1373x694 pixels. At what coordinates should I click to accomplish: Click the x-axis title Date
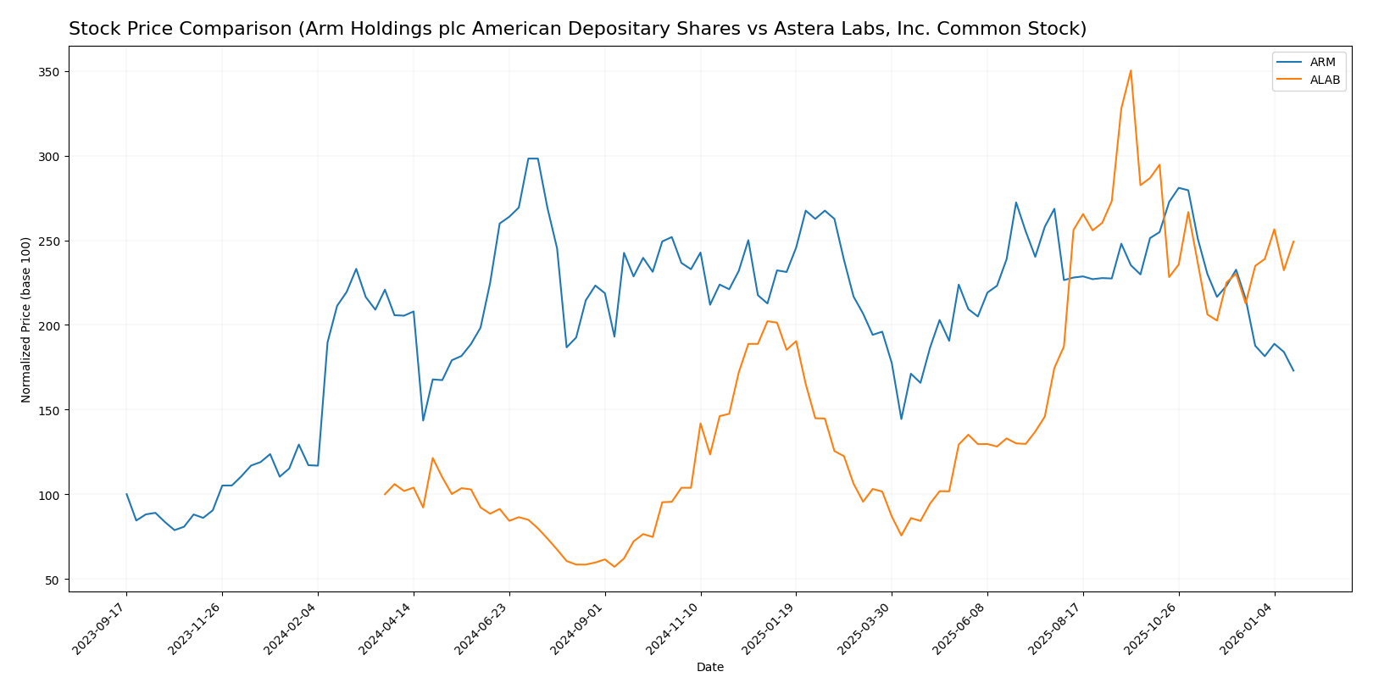pyautogui.click(x=709, y=668)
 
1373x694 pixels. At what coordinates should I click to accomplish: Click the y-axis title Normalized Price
pyautogui.click(x=26, y=319)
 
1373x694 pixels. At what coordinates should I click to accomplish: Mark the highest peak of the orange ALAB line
pyautogui.click(x=1131, y=70)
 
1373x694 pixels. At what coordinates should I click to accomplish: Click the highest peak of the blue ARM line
pyautogui.click(x=532, y=158)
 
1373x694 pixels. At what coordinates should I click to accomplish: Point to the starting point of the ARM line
pyautogui.click(x=126, y=494)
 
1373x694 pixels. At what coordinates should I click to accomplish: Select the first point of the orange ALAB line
pyautogui.click(x=385, y=494)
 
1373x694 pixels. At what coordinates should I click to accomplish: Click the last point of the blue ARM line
pyautogui.click(x=1293, y=370)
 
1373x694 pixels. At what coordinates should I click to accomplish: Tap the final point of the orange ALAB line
pyautogui.click(x=1293, y=241)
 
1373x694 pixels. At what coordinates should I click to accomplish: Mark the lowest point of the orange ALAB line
pyautogui.click(x=614, y=566)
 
